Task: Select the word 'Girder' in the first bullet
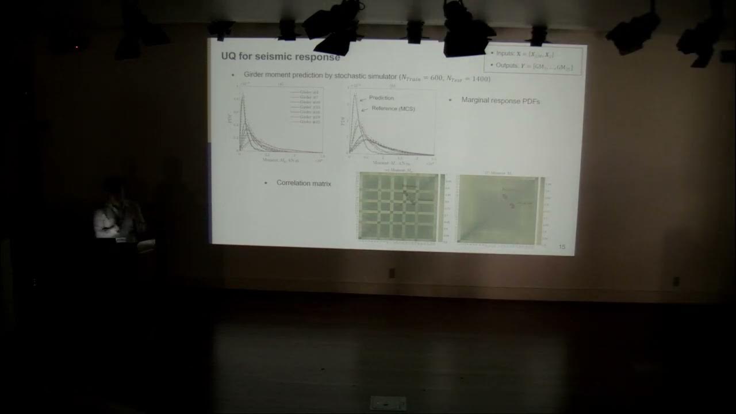(255, 75)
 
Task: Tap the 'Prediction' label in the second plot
(381, 98)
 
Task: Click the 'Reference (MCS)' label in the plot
(393, 109)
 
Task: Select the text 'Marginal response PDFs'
(500, 101)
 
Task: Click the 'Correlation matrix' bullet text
(303, 183)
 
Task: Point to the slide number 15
(562, 247)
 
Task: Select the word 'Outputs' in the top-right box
(507, 66)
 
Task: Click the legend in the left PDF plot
(305, 106)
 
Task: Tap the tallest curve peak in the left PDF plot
(243, 97)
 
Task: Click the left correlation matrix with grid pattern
(397, 207)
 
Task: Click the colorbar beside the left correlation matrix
(442, 207)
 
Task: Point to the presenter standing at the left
(118, 213)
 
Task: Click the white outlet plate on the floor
(388, 402)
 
